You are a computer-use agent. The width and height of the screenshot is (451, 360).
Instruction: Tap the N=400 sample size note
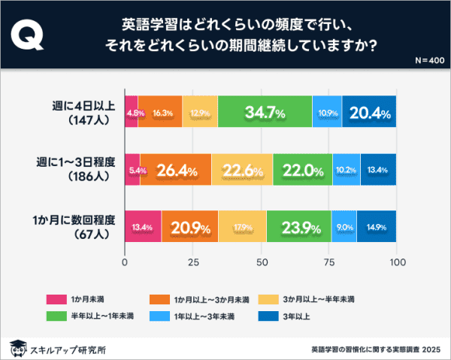pos(429,59)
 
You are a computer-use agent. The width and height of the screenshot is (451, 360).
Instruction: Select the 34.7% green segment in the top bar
pos(265,113)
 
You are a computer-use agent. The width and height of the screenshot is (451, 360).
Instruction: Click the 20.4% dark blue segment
pos(369,113)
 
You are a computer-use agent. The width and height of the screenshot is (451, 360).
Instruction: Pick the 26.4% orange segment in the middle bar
pos(176,171)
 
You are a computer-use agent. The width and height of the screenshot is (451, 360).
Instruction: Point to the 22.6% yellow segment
pos(242,171)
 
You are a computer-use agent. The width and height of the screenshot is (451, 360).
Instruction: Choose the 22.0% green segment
pos(302,171)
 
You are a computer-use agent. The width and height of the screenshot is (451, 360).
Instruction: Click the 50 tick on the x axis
pos(261,263)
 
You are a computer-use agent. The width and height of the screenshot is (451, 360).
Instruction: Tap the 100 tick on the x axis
pos(397,263)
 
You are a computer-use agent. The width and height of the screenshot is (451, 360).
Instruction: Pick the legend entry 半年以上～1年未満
pos(91,317)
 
